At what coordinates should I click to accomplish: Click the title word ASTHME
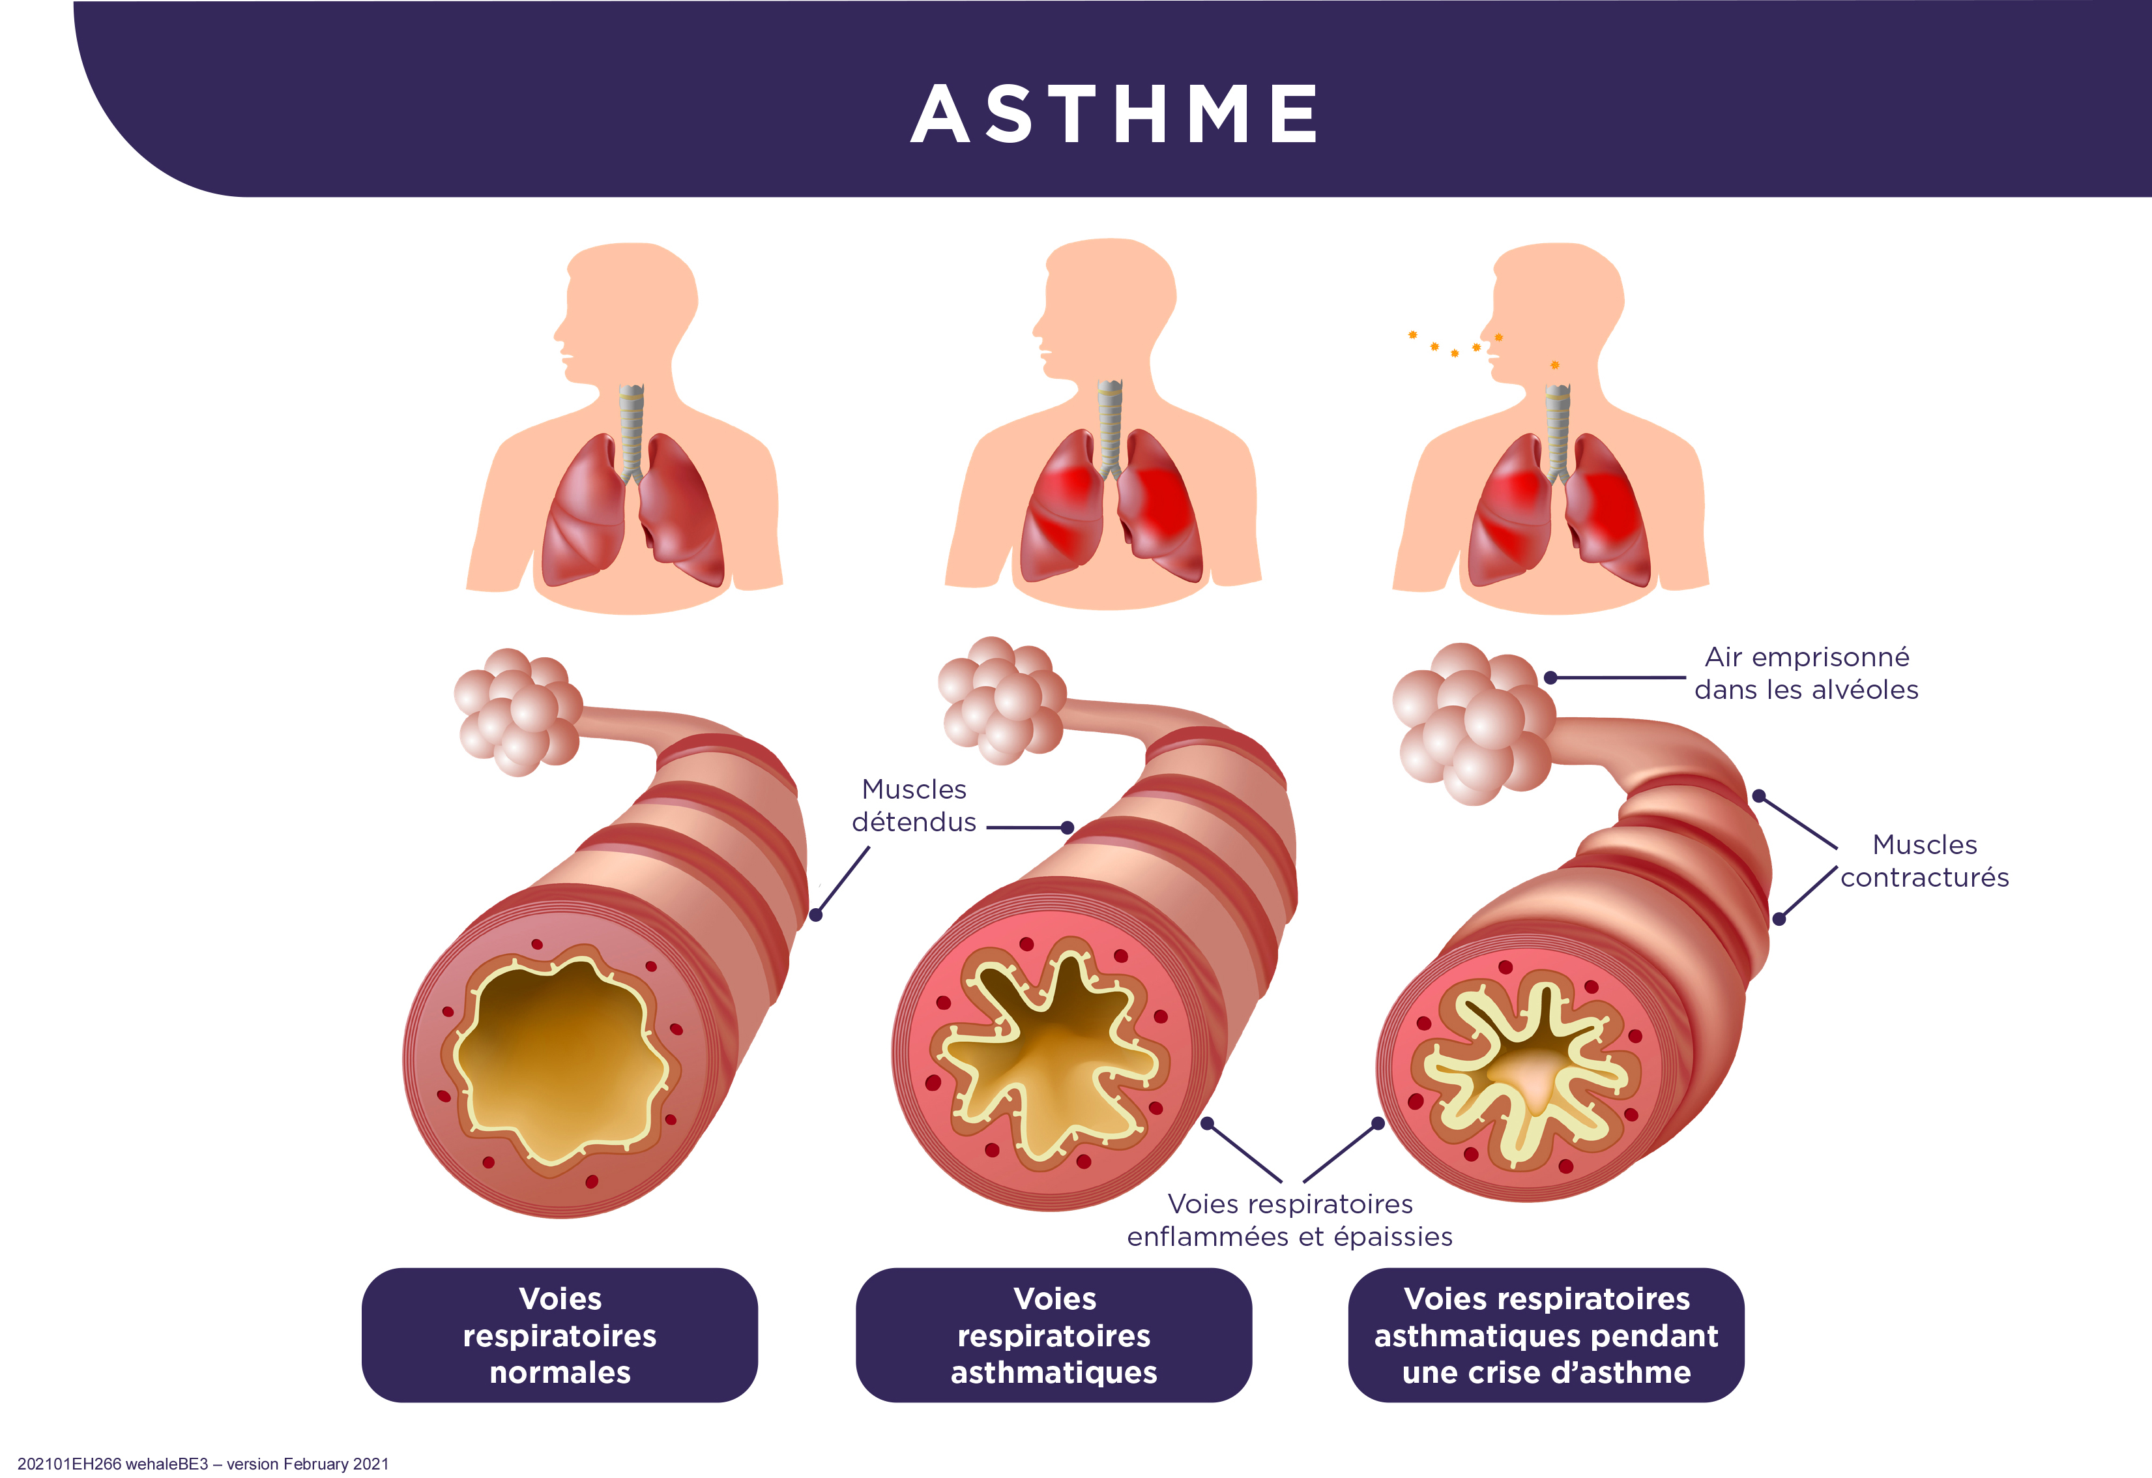point(1115,114)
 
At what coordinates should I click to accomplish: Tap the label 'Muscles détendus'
point(914,806)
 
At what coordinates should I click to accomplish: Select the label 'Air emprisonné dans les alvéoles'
point(1807,673)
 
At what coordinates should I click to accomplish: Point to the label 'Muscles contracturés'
point(1924,861)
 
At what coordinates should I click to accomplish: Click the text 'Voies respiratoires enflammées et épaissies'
point(1290,1220)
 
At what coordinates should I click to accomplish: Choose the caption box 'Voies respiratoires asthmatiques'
point(1054,1335)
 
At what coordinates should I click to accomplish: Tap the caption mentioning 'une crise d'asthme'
point(1547,1335)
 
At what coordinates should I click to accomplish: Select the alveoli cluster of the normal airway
point(517,711)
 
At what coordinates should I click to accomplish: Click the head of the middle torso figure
point(1104,310)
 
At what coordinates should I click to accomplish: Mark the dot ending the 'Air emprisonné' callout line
point(1550,678)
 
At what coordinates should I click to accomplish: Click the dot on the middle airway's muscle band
point(1068,828)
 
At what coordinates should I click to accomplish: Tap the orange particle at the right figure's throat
point(1555,365)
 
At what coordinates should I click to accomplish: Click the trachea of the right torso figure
point(1558,434)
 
